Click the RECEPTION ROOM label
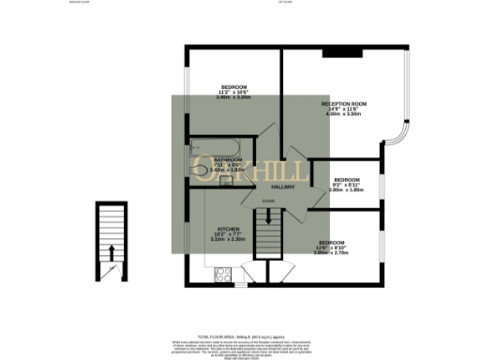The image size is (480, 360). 343,103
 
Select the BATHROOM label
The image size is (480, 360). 225,160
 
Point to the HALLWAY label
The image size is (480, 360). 283,187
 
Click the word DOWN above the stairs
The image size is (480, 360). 268,202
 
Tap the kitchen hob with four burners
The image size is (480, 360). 224,275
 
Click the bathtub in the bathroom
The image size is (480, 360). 217,146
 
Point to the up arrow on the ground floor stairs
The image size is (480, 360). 112,251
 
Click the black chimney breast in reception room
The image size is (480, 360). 335,52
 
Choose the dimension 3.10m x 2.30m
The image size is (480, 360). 231,240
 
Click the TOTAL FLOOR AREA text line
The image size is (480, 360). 239,335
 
